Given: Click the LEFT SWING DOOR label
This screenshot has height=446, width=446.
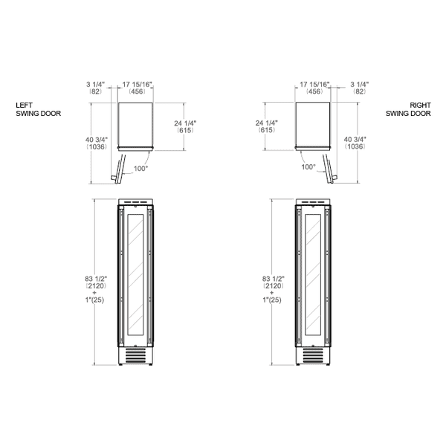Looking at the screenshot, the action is coord(39,109).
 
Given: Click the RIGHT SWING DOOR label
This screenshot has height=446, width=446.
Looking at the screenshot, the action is coord(408,109).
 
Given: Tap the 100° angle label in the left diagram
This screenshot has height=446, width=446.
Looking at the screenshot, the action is coord(140,169).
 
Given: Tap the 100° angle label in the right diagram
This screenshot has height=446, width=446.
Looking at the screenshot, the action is coord(308,167).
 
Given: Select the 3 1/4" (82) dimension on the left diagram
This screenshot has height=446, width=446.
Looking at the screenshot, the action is coord(96,88).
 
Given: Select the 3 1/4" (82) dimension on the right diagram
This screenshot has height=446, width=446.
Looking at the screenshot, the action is coord(360,88).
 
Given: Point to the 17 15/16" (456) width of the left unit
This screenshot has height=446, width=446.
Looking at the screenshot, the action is coord(137,88).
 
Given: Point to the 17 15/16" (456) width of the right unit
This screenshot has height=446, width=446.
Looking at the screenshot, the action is coord(314,88).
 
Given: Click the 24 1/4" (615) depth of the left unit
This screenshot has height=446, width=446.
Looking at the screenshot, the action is coord(185,126).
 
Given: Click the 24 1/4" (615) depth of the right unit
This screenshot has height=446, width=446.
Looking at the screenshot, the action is coord(267,126).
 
